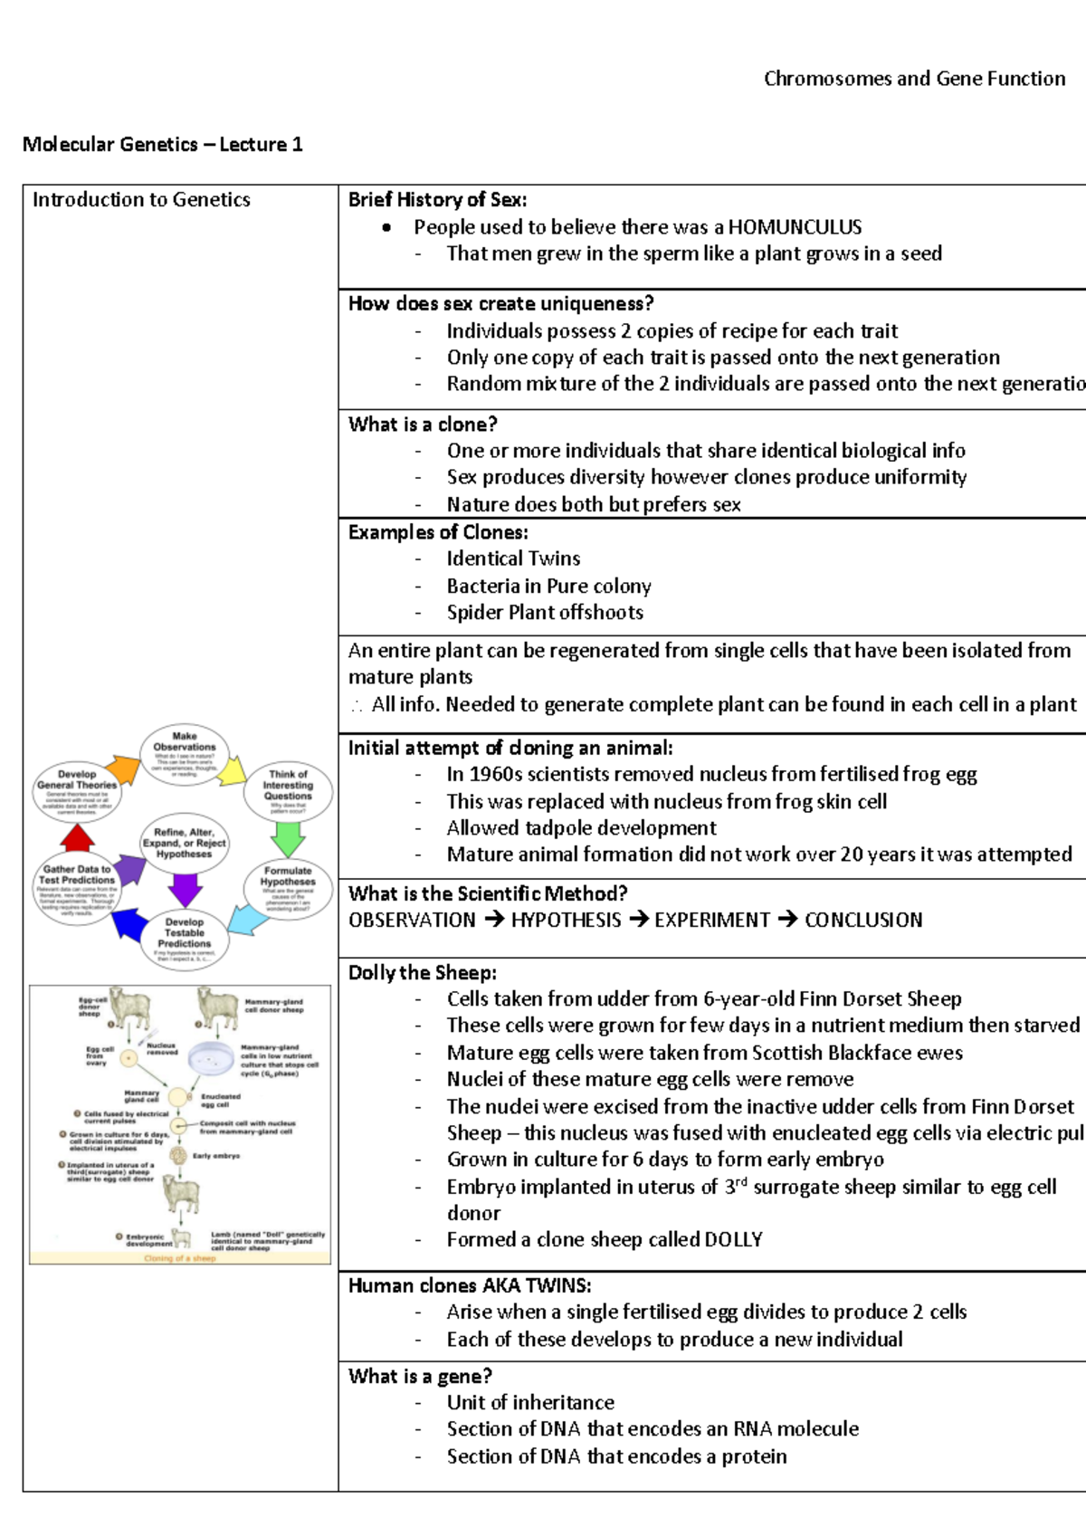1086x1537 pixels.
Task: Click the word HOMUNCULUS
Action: click(795, 227)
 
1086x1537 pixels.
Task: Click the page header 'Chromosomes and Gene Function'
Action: click(914, 79)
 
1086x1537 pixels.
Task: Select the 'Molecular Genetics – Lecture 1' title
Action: click(163, 145)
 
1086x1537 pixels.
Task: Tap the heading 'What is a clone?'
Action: click(423, 425)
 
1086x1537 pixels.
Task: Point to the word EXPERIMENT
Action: click(712, 921)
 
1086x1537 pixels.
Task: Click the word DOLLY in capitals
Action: click(733, 1240)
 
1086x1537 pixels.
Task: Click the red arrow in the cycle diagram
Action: click(77, 838)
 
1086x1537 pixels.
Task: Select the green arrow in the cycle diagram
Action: click(288, 839)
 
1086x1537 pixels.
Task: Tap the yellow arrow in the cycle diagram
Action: click(233, 771)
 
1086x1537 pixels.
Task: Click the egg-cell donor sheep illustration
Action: click(129, 1008)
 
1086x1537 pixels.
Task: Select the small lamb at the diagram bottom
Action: click(183, 1237)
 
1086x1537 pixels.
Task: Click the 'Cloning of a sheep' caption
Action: click(180, 1258)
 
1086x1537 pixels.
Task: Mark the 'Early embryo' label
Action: click(215, 1156)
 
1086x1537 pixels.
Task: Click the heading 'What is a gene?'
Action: click(420, 1377)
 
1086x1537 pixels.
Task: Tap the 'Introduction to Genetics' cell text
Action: click(141, 200)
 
